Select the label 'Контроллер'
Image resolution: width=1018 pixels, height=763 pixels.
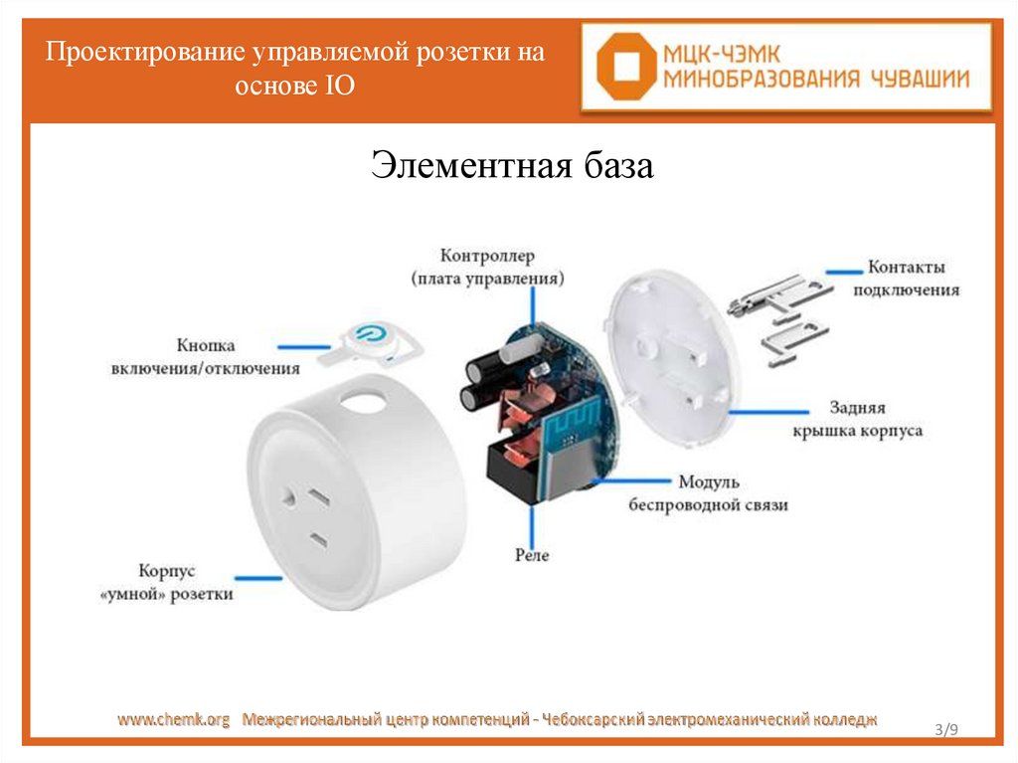[x=486, y=257]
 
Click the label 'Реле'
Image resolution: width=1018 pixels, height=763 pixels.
[x=532, y=555]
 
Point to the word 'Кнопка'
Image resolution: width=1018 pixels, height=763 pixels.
[x=206, y=345]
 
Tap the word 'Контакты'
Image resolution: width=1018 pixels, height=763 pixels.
[x=906, y=268]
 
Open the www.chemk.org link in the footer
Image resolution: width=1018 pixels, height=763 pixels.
[x=175, y=718]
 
